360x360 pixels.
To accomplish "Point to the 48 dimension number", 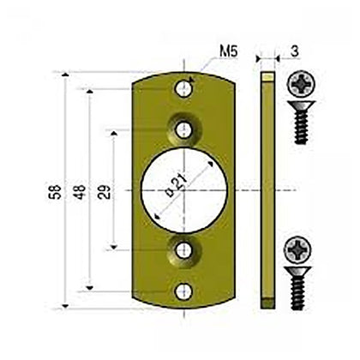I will (79, 190).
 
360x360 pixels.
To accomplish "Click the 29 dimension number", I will (105, 190).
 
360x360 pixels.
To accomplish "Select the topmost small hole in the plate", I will (183, 88).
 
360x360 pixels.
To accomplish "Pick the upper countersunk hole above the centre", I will (183, 129).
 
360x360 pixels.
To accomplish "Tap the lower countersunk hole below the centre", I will (183, 250).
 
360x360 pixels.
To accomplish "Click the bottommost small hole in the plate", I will (183, 291).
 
